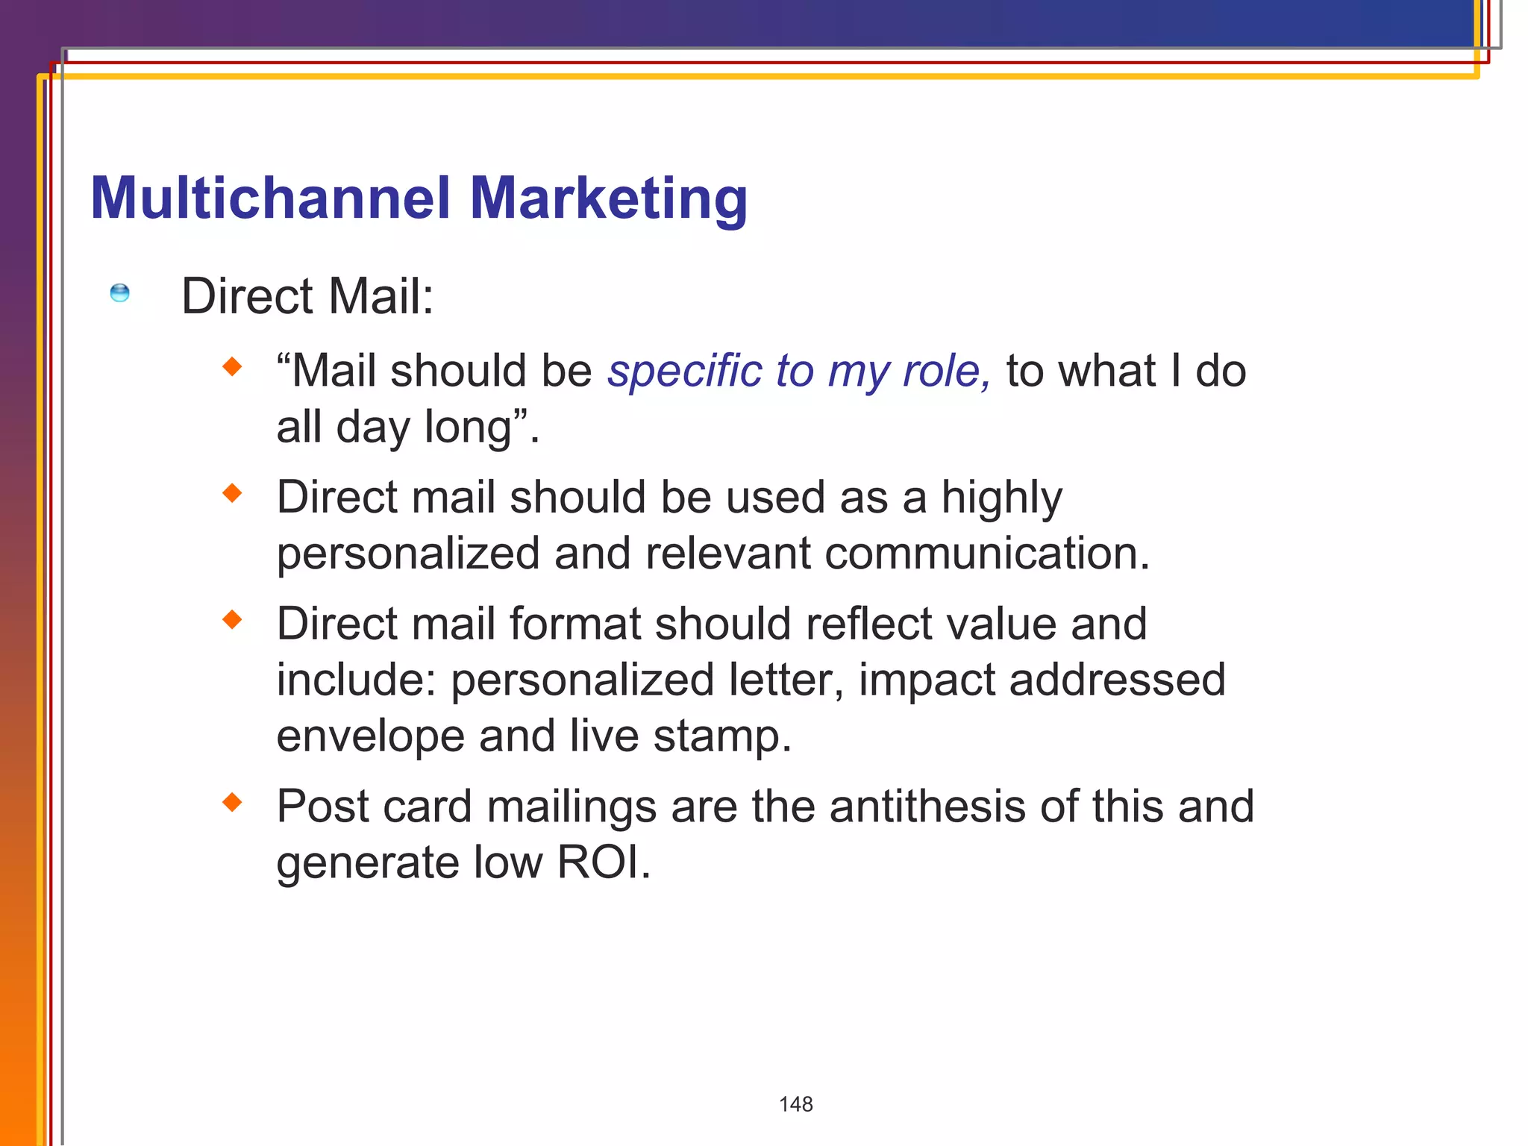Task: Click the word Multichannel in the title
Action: [270, 198]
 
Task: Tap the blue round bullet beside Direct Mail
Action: [119, 293]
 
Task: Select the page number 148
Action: [795, 1104]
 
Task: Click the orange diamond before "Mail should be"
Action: [233, 366]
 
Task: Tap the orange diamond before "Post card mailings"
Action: [233, 802]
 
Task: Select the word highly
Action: [1001, 498]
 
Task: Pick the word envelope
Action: [370, 736]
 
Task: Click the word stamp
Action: [721, 736]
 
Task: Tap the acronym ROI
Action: [603, 862]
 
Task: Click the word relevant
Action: [727, 554]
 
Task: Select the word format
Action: [575, 624]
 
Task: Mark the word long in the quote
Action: [468, 428]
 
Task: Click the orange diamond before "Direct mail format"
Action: [233, 619]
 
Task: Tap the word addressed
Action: [1117, 680]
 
